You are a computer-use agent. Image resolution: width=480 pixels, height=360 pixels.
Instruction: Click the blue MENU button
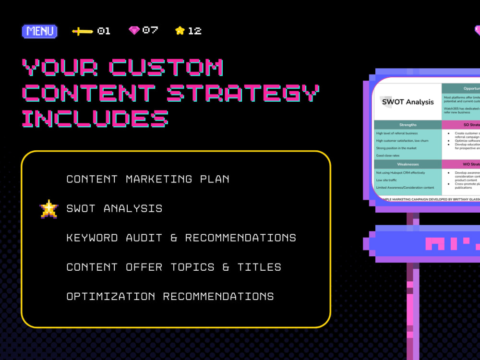[40, 31]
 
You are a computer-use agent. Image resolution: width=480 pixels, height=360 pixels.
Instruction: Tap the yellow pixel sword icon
[83, 31]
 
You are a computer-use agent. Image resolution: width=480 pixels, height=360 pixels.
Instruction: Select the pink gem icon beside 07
[134, 30]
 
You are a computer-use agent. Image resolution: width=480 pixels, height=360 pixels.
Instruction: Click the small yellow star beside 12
[180, 31]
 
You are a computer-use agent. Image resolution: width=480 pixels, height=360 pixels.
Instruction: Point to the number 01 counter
[104, 31]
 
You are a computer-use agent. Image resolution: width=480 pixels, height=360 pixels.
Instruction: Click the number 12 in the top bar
[194, 31]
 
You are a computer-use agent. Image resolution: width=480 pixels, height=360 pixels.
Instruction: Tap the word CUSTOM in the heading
[166, 68]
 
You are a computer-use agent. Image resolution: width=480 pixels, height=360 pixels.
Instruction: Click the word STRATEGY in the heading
[243, 93]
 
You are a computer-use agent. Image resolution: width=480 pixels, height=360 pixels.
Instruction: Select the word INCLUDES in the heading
[95, 118]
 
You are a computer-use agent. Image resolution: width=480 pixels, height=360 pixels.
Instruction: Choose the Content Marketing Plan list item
[148, 179]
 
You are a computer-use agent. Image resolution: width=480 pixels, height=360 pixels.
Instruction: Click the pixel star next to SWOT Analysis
[49, 209]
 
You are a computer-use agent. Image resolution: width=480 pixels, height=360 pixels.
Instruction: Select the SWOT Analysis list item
[114, 209]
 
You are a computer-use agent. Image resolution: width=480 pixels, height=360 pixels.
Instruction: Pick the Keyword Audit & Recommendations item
[181, 238]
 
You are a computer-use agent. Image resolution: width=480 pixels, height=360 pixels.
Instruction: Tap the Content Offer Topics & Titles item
[174, 267]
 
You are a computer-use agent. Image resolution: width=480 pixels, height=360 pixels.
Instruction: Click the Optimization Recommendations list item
[170, 296]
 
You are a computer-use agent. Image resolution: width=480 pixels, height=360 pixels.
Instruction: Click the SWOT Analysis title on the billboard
[408, 102]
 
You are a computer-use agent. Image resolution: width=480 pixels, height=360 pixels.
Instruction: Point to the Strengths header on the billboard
[408, 125]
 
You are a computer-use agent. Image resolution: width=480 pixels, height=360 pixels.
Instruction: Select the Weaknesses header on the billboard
[408, 164]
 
